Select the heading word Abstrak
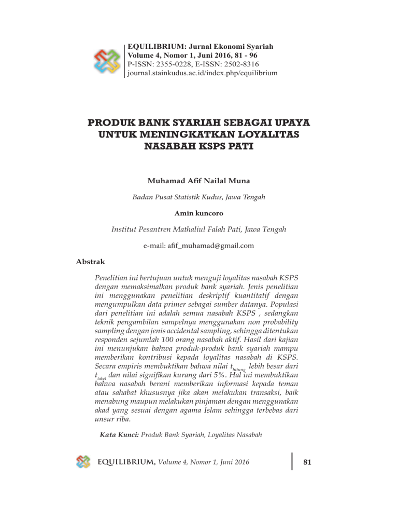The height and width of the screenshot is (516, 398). (91, 262)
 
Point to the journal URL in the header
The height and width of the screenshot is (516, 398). (203, 73)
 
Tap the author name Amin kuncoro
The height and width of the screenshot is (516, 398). (199, 213)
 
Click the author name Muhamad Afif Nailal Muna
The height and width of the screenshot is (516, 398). (199, 181)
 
